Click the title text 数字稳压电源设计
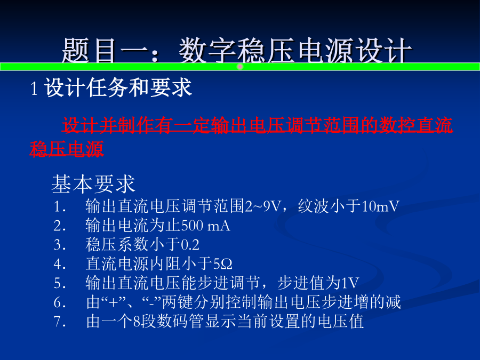295,51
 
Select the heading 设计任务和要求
118,87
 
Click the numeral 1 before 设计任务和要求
34,88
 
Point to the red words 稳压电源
67,149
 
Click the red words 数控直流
415,125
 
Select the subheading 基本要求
93,184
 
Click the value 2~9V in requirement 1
263,206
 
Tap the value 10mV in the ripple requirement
380,206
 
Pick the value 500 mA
206,226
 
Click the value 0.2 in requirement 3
190,245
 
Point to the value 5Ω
222,264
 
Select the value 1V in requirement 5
349,283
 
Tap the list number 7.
59,322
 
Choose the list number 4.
59,264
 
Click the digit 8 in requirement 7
137,322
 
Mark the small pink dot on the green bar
241,67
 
